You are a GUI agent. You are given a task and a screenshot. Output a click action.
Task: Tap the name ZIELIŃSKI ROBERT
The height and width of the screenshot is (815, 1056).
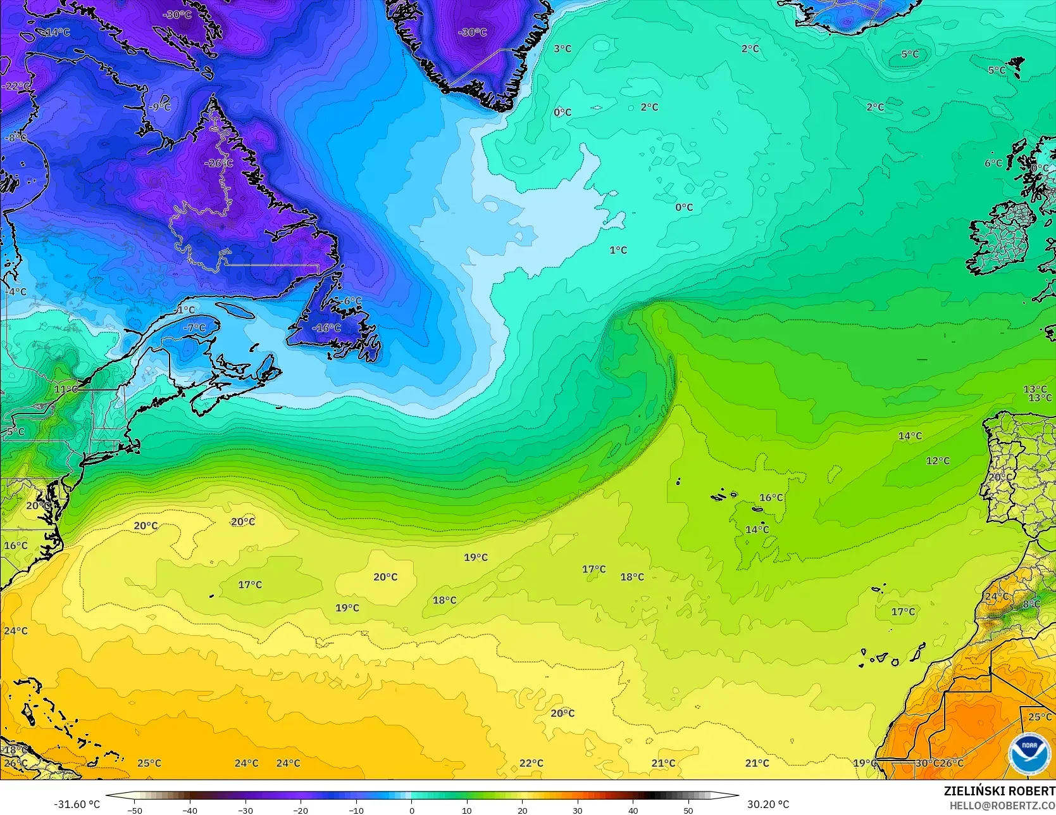(999, 792)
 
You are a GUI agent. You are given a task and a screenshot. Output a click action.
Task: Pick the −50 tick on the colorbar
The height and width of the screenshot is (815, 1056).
(134, 810)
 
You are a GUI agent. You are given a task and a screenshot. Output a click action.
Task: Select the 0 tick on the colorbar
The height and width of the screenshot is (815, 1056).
(411, 810)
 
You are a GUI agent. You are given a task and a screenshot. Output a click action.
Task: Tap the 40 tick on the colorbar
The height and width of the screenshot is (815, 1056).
(633, 810)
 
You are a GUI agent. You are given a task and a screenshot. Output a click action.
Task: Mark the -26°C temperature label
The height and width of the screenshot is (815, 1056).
(218, 163)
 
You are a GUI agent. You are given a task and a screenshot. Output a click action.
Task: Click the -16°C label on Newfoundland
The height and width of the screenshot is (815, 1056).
(326, 327)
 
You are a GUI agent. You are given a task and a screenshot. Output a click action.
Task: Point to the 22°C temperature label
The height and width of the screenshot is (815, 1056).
(531, 763)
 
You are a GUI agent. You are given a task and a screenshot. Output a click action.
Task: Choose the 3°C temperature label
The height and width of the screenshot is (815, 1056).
(562, 49)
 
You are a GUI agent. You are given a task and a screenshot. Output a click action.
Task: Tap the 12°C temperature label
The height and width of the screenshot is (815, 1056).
(938, 461)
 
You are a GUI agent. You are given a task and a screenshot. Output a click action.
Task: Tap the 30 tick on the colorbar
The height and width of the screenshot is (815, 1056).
(577, 810)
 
